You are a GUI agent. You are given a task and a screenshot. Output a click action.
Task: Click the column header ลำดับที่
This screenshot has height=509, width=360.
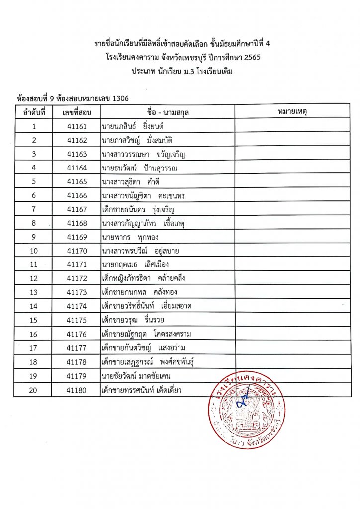coord(34,112)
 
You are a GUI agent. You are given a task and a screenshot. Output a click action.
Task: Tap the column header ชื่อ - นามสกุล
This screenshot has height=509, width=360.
coord(168,112)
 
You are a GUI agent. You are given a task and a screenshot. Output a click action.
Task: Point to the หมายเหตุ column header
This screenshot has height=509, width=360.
coord(292,112)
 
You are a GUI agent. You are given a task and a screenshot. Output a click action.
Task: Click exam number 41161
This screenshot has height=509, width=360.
coord(77,126)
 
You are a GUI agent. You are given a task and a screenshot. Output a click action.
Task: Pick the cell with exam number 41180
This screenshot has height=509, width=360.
coord(77,390)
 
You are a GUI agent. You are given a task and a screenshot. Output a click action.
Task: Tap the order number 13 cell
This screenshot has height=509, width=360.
coord(34,292)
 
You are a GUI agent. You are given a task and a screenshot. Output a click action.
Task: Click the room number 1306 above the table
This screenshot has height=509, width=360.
coord(121,98)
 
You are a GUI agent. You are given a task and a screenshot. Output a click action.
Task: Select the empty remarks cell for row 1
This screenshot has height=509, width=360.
coord(292,126)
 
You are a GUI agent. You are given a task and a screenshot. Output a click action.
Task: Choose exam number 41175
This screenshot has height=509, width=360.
coord(77,320)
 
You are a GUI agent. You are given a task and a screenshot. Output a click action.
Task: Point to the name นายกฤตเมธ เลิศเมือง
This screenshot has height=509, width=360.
coord(138,264)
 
